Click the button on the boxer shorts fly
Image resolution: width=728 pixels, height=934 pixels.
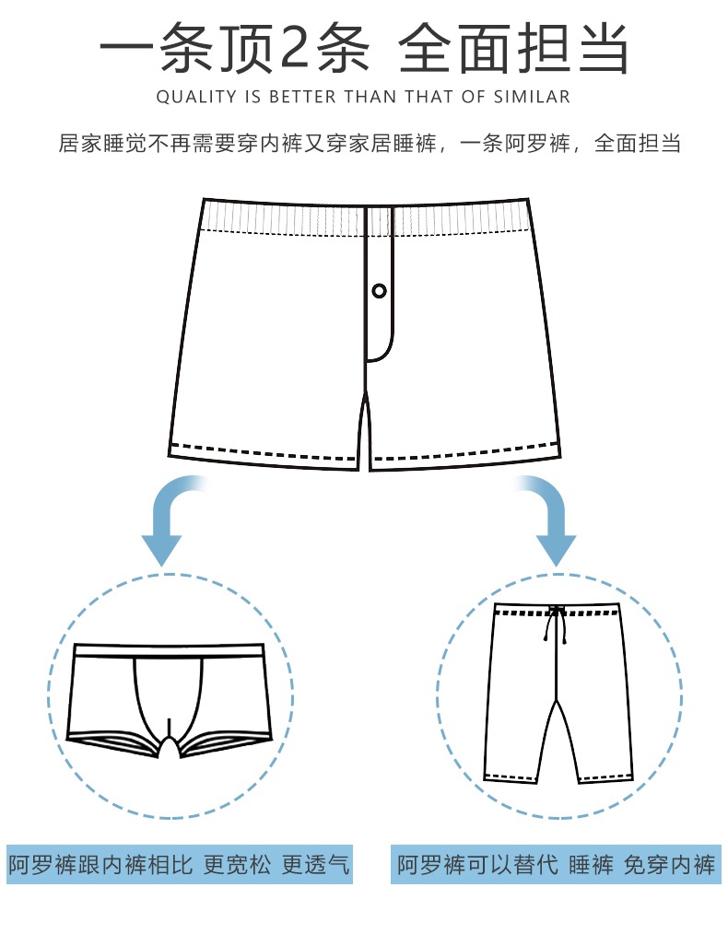click(x=379, y=291)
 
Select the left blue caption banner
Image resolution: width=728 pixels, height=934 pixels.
click(x=181, y=865)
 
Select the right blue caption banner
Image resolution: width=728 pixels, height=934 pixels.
click(x=556, y=865)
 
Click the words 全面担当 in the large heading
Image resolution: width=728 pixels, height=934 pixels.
click(x=514, y=48)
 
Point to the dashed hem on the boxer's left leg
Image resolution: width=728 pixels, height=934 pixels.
click(x=264, y=452)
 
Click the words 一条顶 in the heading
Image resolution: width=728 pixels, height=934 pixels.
click(x=184, y=48)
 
